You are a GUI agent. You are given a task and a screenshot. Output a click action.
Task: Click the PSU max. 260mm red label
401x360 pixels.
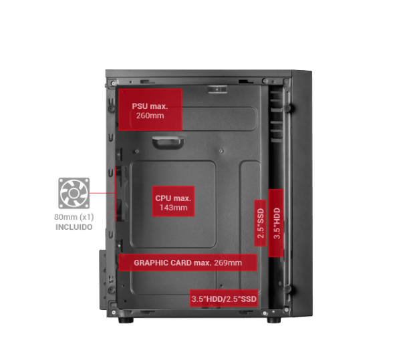coord(150,110)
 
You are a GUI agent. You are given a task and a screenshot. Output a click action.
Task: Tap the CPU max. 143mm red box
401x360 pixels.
coord(173,201)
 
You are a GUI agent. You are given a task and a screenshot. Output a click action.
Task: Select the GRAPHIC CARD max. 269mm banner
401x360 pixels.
coord(187,262)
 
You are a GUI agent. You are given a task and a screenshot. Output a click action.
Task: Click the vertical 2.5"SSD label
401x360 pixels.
coord(261,223)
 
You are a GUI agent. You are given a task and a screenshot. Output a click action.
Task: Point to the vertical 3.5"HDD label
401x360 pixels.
coord(276,223)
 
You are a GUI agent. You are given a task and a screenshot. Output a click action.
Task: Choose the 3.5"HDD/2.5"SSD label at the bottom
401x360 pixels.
coord(224,299)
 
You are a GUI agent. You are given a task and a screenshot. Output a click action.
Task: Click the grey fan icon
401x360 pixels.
coord(74,193)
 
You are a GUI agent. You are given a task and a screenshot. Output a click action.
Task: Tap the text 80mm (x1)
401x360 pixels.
coord(74,217)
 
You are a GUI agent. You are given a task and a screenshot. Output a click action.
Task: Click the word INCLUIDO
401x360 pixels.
coord(74,227)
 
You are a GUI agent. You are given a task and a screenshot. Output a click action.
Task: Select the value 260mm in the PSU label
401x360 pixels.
coord(150,116)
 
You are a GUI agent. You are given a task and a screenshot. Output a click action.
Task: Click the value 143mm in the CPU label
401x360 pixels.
coord(173,208)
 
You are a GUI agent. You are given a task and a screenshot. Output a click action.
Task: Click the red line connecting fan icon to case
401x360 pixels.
coord(102,193)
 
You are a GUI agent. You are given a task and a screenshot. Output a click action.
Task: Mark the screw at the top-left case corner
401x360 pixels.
coord(114,83)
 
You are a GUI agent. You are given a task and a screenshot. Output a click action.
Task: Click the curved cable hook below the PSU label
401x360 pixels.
coord(168,142)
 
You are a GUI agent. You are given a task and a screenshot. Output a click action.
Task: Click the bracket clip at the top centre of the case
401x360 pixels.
coord(217,89)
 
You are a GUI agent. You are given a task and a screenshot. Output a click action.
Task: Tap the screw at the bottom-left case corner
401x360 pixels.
coord(114,312)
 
